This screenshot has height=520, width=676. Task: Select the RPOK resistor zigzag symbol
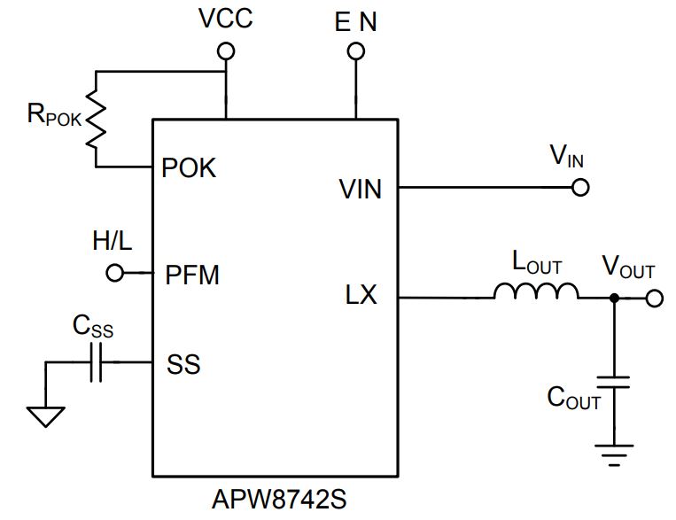point(96,119)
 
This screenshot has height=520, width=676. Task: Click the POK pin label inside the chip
point(189,167)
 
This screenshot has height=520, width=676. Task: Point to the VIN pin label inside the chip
point(361,189)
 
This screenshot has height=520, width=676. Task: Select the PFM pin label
point(192,275)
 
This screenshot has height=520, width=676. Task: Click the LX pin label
point(361,295)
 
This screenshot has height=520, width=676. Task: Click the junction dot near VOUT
point(614,298)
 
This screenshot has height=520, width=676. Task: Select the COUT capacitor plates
point(614,382)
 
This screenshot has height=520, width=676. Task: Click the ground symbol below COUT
point(614,455)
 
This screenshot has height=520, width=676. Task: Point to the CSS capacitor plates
point(97,362)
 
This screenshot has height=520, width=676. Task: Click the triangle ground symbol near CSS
point(46,416)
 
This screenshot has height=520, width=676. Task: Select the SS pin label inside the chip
point(183,364)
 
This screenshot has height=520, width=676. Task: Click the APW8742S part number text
point(279,499)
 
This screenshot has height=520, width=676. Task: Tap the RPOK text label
point(54,114)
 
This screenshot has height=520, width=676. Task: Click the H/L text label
point(113,241)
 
